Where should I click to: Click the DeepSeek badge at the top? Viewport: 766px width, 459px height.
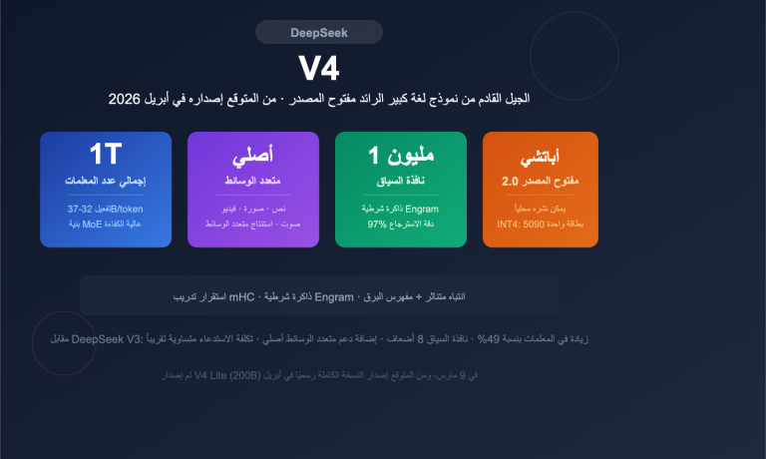[x=319, y=33]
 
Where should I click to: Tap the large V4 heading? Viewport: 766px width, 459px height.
[x=319, y=68]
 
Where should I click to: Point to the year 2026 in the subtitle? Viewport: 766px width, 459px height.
[x=124, y=99]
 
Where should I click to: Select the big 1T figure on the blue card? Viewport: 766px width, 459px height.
[x=105, y=155]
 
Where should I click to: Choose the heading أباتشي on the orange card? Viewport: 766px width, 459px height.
[x=540, y=159]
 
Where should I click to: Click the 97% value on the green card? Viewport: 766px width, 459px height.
[x=376, y=225]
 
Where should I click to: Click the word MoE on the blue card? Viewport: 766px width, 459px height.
[x=93, y=225]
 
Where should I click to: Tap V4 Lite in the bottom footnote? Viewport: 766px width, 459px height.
[x=213, y=375]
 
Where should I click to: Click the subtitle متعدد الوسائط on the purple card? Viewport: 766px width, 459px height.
[x=252, y=182]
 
